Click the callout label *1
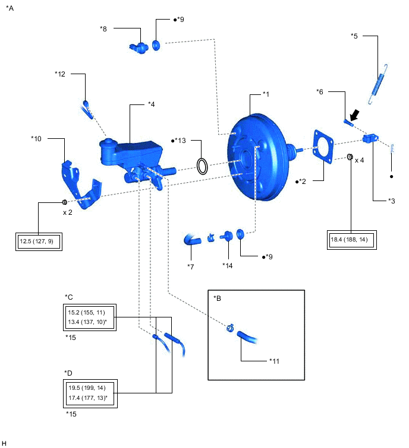tap(266, 94)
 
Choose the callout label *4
tap(151, 104)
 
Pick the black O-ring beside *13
tap(203, 166)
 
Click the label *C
tap(68, 297)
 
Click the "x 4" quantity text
tap(360, 160)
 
